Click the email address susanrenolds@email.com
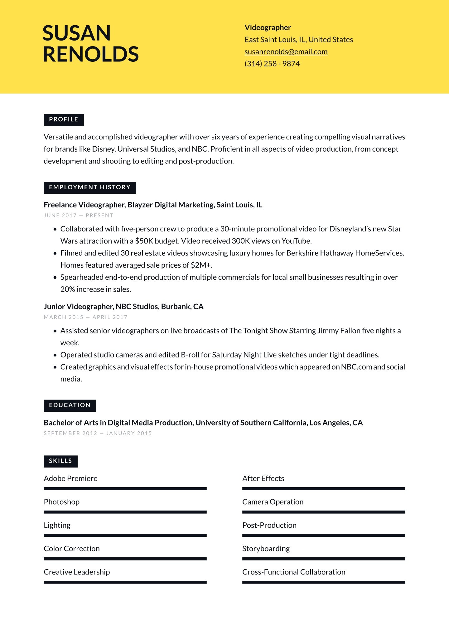(x=286, y=52)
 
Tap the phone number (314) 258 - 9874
(x=272, y=64)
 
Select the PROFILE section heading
(x=64, y=120)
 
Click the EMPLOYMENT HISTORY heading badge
(x=90, y=187)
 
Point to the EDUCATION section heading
(x=70, y=405)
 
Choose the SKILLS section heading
(x=60, y=461)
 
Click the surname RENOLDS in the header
(x=91, y=54)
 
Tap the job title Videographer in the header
(x=268, y=27)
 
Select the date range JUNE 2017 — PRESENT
(x=78, y=216)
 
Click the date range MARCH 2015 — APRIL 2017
(x=85, y=317)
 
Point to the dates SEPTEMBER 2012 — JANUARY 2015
(x=98, y=433)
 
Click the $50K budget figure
(x=144, y=241)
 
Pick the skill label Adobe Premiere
(x=70, y=478)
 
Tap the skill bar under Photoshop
(x=125, y=512)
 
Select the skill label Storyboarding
(x=266, y=549)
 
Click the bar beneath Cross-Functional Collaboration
(x=323, y=582)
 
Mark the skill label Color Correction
(x=72, y=549)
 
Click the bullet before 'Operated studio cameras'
(x=55, y=355)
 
